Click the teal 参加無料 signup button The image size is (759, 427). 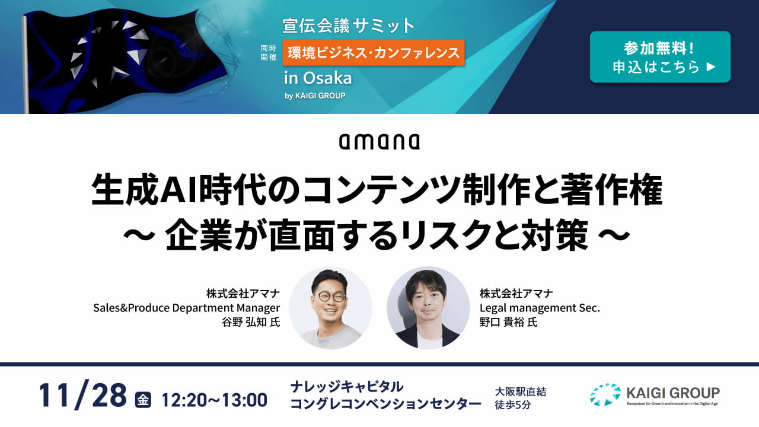[x=660, y=57]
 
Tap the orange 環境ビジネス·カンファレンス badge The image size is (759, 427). [x=374, y=53]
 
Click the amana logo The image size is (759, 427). [x=379, y=142]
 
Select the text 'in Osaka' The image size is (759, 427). [x=318, y=78]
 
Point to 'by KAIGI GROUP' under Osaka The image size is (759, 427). [x=315, y=96]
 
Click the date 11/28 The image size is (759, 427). [x=82, y=395]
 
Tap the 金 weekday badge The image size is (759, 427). [x=143, y=400]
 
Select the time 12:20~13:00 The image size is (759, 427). [x=215, y=400]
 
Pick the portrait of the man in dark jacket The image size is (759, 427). [x=428, y=308]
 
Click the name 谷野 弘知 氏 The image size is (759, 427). [x=251, y=322]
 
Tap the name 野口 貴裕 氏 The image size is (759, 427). [x=509, y=322]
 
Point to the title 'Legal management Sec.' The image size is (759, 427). [x=540, y=308]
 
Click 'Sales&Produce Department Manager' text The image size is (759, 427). [x=186, y=308]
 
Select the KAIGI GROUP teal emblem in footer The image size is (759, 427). [x=605, y=395]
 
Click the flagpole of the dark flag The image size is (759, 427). [x=25, y=65]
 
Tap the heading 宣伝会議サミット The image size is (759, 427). [x=348, y=26]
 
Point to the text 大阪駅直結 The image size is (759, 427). [x=521, y=392]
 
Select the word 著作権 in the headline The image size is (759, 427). [x=611, y=190]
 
